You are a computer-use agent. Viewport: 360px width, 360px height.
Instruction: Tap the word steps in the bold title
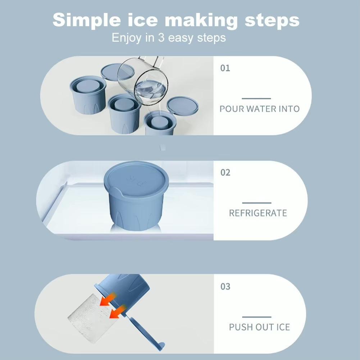[x=272, y=20]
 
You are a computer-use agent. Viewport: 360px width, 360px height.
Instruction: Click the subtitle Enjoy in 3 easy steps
[x=169, y=38]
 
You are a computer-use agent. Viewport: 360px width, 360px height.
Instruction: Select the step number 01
[x=225, y=68]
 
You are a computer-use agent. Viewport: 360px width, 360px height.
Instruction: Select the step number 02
[x=225, y=173]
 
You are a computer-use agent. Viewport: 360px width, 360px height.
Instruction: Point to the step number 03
[x=225, y=287]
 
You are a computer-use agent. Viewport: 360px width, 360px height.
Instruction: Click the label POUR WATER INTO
[x=260, y=109]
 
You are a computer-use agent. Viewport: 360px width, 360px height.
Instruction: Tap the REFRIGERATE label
[x=258, y=213]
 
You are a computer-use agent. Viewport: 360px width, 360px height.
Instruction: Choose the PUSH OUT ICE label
[x=259, y=327]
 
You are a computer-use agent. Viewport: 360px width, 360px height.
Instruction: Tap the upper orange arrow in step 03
[x=108, y=299]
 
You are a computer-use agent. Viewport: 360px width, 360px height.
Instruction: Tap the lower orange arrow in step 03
[x=118, y=312]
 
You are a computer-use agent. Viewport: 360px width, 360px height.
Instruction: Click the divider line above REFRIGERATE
[x=257, y=203]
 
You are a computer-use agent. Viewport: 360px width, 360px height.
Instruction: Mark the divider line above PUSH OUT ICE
[x=257, y=317]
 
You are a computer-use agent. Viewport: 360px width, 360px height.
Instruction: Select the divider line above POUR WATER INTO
[x=256, y=99]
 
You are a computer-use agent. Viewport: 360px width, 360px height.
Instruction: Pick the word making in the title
[x=201, y=20]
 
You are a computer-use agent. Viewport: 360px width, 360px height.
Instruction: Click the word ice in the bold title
[x=142, y=20]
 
